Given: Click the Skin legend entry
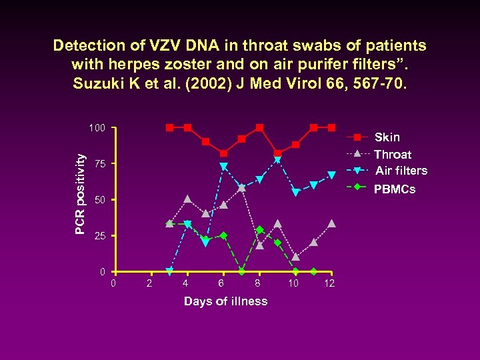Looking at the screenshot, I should [x=387, y=137].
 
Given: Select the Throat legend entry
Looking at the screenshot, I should [x=393, y=154].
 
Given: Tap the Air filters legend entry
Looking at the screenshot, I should [x=401, y=171].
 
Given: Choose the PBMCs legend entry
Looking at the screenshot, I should [x=395, y=189].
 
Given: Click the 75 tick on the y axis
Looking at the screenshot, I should [x=99, y=164].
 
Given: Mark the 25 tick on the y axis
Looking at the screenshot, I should [x=99, y=236].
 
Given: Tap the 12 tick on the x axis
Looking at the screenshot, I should [x=329, y=285].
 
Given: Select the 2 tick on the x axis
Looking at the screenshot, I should [x=149, y=285].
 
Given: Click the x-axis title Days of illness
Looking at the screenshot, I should [x=225, y=301].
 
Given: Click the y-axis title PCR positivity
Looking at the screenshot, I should [x=80, y=194].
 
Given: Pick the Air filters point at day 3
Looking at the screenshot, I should [x=169, y=271].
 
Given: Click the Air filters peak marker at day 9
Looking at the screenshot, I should [x=277, y=159].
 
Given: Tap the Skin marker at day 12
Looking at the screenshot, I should [x=331, y=127].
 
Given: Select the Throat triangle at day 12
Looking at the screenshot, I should [x=331, y=223].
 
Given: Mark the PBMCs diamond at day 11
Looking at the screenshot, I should [x=313, y=271].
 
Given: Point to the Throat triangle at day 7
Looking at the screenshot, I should [x=241, y=187].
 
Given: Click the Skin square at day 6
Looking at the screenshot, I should [x=223, y=153].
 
